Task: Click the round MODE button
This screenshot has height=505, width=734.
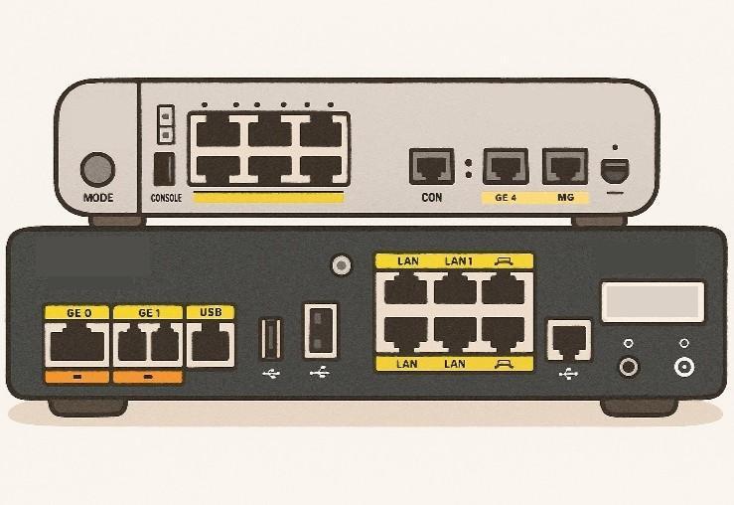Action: tap(97, 170)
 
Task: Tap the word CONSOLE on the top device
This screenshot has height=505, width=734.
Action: tap(166, 198)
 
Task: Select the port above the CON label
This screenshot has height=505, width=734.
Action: tap(432, 166)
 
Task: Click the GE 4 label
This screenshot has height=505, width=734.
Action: tap(506, 198)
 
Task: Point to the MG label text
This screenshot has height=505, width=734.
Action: tap(565, 198)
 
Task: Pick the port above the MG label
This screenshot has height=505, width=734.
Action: tap(565, 166)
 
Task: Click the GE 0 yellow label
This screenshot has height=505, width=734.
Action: tap(77, 312)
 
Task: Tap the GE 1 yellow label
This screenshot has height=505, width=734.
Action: tap(148, 312)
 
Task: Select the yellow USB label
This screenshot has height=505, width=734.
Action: tap(211, 312)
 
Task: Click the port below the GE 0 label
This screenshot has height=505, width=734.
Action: tap(77, 344)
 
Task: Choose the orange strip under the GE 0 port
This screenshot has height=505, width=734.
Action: tap(77, 377)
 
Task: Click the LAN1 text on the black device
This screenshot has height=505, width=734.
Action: tap(458, 261)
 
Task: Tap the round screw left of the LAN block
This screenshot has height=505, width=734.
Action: tap(342, 265)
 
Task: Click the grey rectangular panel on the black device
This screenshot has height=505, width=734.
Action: tap(653, 301)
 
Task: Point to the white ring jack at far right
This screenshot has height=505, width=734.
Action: tap(684, 367)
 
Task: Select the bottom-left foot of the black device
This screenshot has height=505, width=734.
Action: tap(87, 407)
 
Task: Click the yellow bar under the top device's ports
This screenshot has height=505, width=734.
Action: tap(269, 197)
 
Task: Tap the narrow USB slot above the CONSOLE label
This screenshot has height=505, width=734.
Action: tap(164, 169)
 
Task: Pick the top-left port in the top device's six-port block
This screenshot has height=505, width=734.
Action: tap(218, 132)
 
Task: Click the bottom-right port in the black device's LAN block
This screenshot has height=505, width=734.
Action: tap(504, 334)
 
